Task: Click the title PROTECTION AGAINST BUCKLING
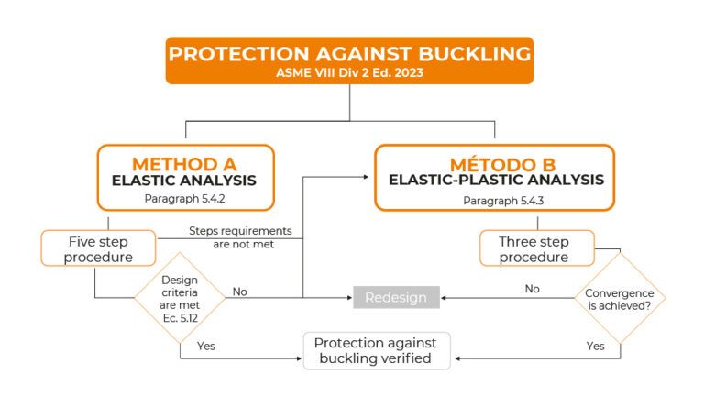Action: (x=349, y=53)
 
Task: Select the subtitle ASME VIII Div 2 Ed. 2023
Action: (x=349, y=72)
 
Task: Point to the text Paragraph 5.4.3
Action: (x=496, y=200)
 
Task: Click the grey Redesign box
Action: (x=396, y=297)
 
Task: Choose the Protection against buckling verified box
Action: (x=376, y=350)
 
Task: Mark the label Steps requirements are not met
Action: (x=240, y=237)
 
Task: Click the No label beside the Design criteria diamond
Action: (x=240, y=291)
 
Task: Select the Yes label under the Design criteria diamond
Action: (x=206, y=346)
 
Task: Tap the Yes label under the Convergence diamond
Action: (x=595, y=346)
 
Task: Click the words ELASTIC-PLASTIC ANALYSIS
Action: (x=496, y=181)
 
